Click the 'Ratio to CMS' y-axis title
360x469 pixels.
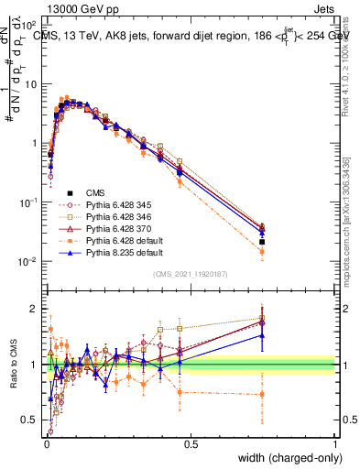[x=12, y=365]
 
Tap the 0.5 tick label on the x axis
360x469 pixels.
[x=191, y=444]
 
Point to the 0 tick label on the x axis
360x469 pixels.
[x=47, y=444]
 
